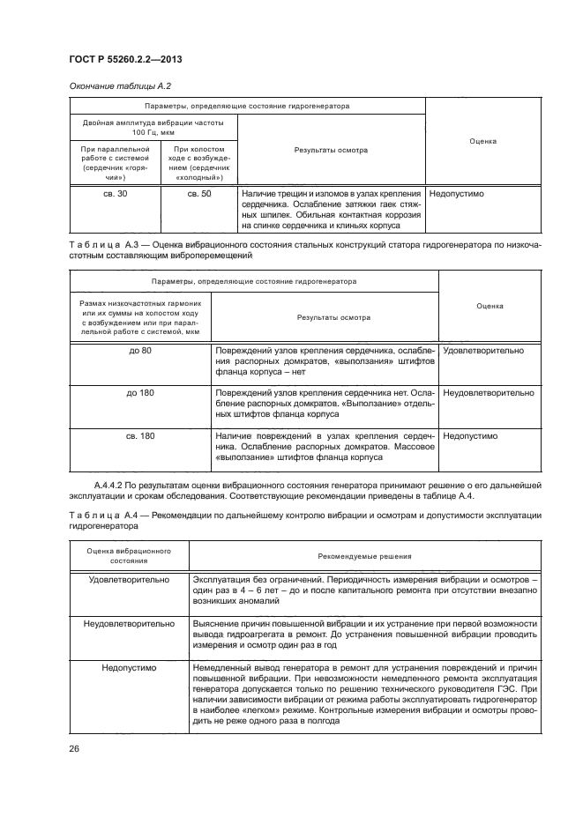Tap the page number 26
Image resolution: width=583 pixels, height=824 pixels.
tap(74, 750)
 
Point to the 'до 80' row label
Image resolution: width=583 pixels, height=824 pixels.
tap(141, 350)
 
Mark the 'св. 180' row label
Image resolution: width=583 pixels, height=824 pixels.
tap(141, 435)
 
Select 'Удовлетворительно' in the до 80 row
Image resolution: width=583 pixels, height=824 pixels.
tap(482, 350)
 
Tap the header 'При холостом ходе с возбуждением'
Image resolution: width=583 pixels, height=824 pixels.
tap(199, 162)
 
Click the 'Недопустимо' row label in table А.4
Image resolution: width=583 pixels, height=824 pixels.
tap(129, 668)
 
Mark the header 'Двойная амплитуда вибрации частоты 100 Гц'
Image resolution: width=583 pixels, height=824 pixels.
tap(153, 126)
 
